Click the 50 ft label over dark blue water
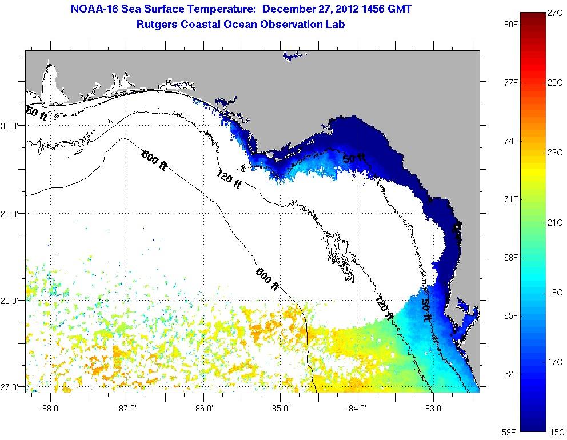(354, 158)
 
